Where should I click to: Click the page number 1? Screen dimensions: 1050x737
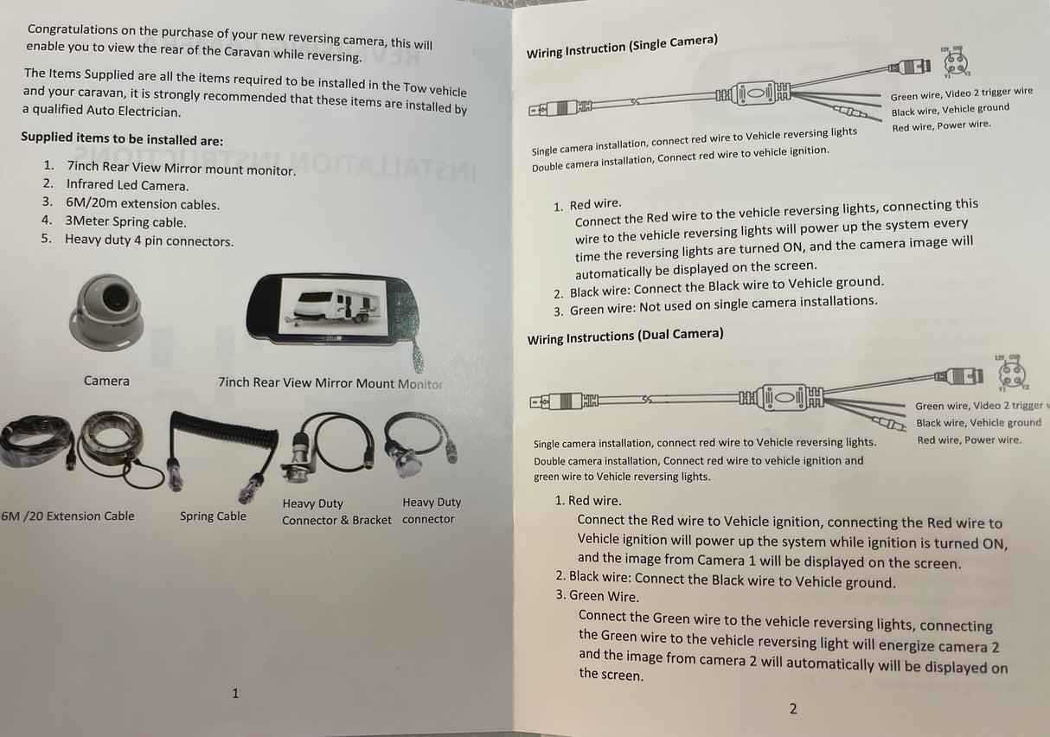pyautogui.click(x=235, y=693)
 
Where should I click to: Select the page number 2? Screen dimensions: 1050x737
pyautogui.click(x=793, y=708)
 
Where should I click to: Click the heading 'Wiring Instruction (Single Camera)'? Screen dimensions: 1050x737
pyautogui.click(x=622, y=47)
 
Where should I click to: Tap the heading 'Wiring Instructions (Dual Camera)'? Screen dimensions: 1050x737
pyautogui.click(x=625, y=336)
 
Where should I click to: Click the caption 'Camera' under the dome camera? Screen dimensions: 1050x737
pyautogui.click(x=106, y=381)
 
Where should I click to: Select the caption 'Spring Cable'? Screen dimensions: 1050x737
pyautogui.click(x=213, y=516)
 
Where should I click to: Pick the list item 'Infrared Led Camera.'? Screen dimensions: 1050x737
pyautogui.click(x=127, y=185)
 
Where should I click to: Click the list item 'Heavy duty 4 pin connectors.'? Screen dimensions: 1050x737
pyautogui.click(x=149, y=240)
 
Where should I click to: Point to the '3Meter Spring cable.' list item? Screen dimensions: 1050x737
pyautogui.click(x=125, y=221)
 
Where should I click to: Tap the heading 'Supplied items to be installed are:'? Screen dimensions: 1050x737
pyautogui.click(x=122, y=138)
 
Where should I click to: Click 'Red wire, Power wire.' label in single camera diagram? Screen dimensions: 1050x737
pyautogui.click(x=941, y=125)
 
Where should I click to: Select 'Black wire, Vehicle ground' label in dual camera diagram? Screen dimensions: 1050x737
pyautogui.click(x=978, y=422)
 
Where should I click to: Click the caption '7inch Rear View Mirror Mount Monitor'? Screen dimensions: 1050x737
pyautogui.click(x=330, y=383)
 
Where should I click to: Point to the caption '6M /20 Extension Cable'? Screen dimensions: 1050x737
pyautogui.click(x=67, y=516)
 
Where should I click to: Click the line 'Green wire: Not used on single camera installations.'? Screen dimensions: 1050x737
pyautogui.click(x=723, y=305)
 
